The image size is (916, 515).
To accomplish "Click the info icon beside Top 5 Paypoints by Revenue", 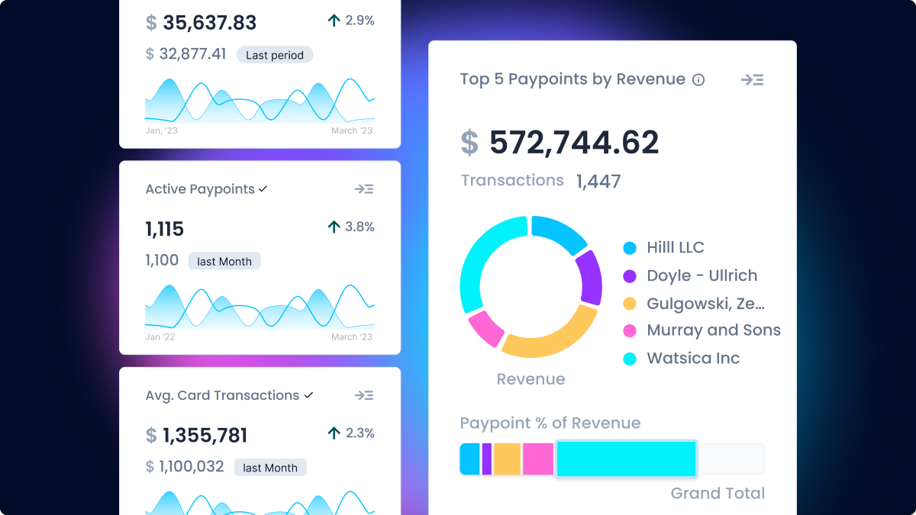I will click(x=698, y=80).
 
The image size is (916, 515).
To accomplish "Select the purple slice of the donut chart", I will click(x=589, y=277).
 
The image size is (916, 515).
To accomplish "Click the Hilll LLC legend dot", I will click(x=630, y=248).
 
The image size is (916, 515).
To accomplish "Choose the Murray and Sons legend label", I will click(x=714, y=330).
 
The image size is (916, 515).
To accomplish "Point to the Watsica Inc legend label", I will click(x=693, y=359).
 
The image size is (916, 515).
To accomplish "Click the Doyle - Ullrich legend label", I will click(x=702, y=275).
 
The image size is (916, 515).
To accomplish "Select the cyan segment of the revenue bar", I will click(x=626, y=459).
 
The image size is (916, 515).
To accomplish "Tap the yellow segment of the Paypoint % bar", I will click(x=507, y=459).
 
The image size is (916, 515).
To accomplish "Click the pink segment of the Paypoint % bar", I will click(x=538, y=459).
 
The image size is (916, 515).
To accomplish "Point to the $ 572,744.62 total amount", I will click(x=560, y=143).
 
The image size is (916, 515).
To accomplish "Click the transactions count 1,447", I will click(x=598, y=182).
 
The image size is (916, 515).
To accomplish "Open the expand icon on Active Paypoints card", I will click(x=364, y=189).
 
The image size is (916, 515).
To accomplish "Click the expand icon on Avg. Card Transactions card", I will click(x=364, y=395).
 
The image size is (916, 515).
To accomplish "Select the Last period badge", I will click(x=275, y=55).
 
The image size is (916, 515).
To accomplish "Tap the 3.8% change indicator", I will click(x=351, y=227).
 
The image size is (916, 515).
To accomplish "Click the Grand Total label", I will click(x=718, y=494).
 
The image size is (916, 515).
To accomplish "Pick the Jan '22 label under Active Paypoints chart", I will click(x=160, y=337).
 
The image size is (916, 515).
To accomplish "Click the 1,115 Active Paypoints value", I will click(x=165, y=229).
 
